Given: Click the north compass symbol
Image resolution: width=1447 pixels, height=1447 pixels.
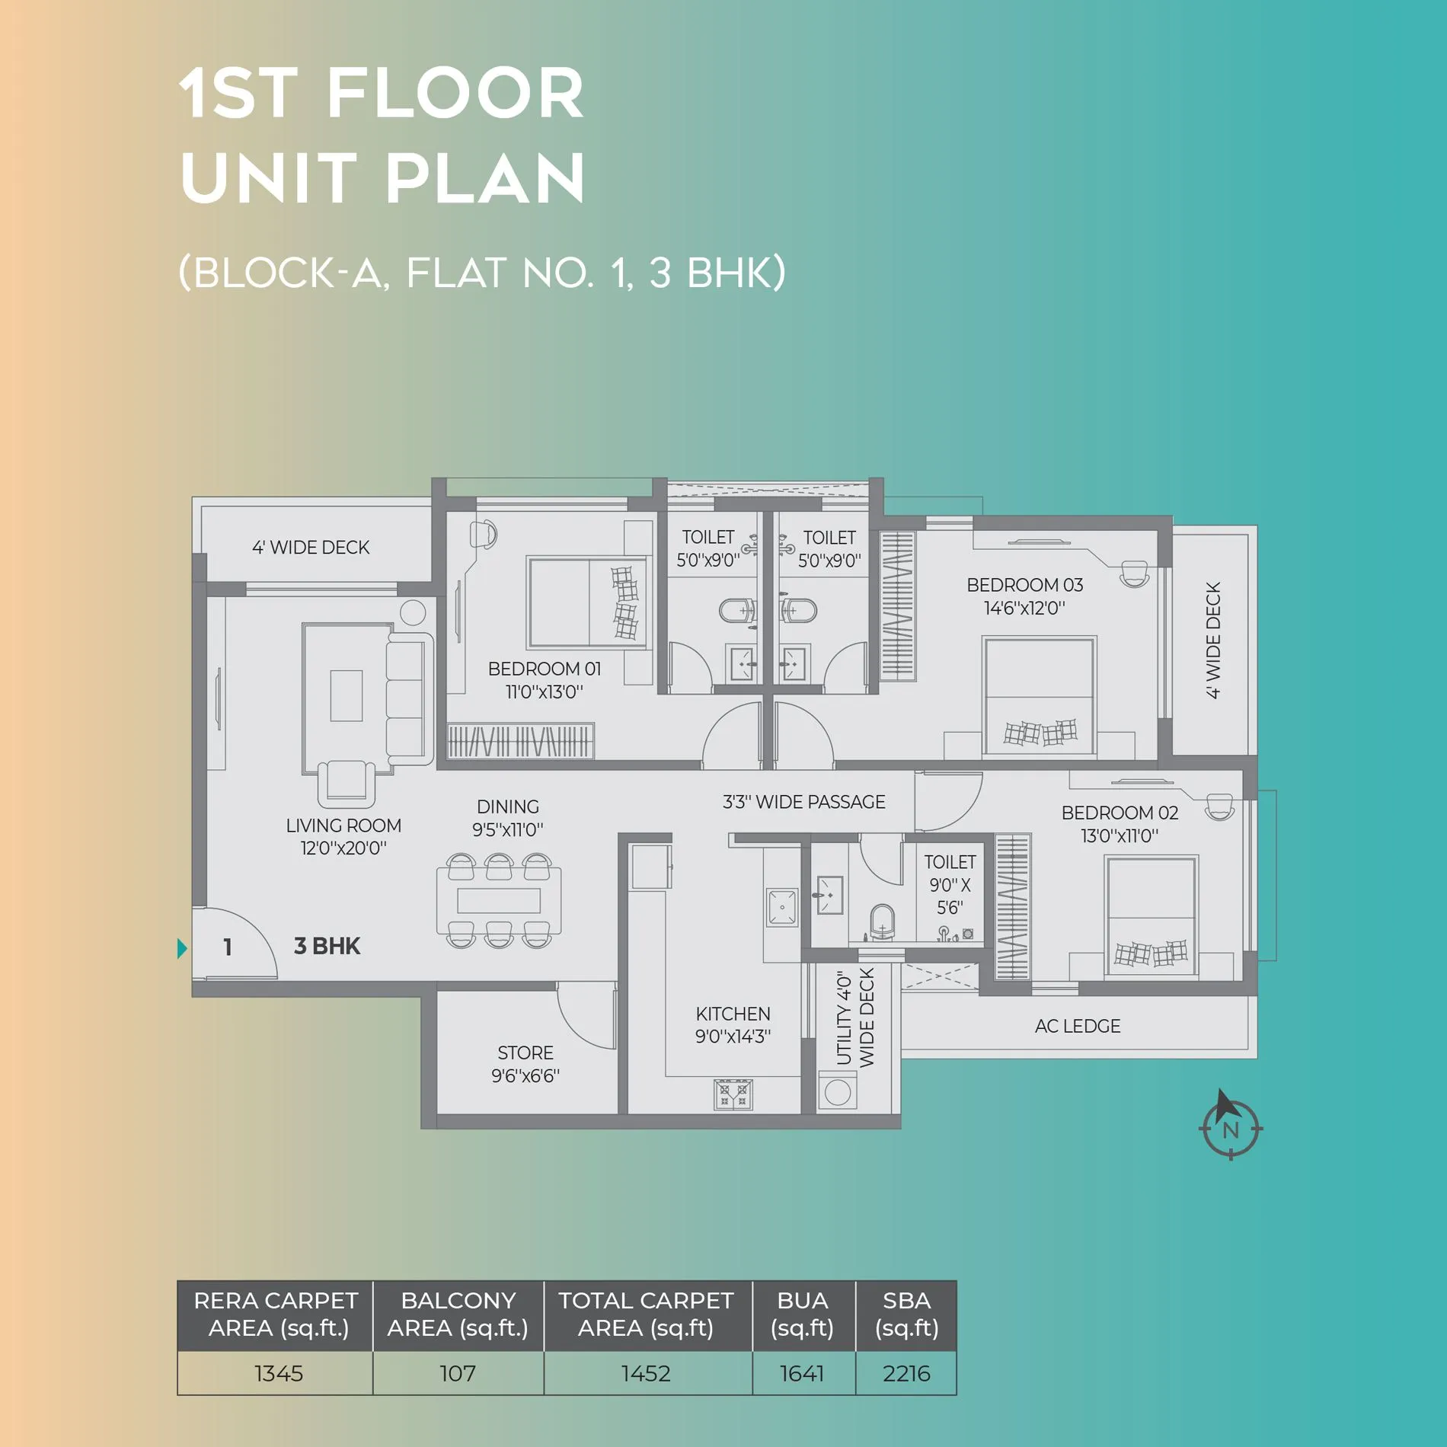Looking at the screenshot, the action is (1230, 1126).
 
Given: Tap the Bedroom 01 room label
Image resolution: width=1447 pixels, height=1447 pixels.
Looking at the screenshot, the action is (545, 669).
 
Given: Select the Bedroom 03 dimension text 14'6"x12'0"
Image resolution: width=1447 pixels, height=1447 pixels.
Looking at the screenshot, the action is (1024, 609).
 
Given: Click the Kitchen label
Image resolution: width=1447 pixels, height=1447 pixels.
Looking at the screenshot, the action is (733, 1014).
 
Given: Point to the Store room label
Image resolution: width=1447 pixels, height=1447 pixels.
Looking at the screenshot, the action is (525, 1053).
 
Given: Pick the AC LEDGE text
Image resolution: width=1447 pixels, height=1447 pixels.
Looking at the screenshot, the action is (1078, 1026).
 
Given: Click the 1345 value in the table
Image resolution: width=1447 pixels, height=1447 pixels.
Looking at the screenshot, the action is (279, 1373).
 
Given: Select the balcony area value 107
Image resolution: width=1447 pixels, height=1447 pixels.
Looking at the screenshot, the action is (458, 1373).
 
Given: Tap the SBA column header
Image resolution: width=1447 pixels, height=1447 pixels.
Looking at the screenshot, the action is (906, 1314).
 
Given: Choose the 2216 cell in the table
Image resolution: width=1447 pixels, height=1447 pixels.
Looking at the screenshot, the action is (906, 1373).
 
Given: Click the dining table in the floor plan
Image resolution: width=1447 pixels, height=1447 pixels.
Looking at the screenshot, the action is (499, 900).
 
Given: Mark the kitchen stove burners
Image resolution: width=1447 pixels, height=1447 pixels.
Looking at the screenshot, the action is (733, 1094).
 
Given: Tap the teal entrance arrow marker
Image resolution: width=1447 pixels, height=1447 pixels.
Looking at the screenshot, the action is (182, 948).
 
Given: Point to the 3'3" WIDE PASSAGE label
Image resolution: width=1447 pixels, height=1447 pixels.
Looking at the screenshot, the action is (803, 802).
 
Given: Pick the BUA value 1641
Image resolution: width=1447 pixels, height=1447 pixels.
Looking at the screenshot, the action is (802, 1373).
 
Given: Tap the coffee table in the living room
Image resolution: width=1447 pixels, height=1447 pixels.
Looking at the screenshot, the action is (346, 695).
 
